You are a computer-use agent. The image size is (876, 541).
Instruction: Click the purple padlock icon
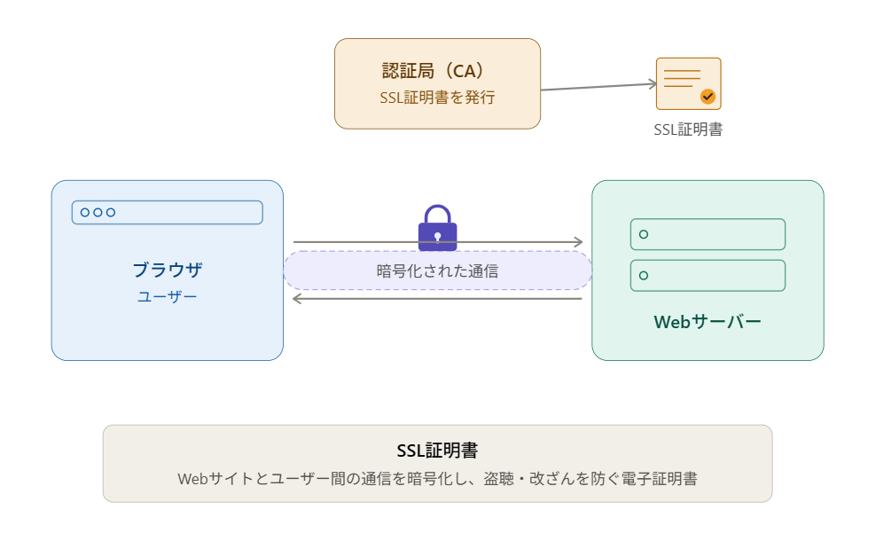[437, 228]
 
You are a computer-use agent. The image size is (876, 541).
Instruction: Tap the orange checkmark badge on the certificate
[708, 97]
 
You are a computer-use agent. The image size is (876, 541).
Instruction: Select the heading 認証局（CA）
[433, 71]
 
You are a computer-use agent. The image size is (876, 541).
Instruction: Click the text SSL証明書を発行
[437, 98]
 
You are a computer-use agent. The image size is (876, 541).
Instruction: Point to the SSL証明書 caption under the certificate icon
[688, 129]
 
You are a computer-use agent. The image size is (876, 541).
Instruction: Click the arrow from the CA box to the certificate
[598, 87]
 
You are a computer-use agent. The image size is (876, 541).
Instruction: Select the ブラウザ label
[168, 270]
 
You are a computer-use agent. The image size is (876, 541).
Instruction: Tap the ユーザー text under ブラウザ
[168, 296]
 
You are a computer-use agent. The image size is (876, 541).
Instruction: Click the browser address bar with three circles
[167, 212]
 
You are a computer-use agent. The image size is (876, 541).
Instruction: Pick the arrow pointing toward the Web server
[438, 242]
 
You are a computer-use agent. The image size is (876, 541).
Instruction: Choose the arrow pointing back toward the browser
[437, 299]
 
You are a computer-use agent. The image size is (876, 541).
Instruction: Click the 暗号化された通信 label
[437, 271]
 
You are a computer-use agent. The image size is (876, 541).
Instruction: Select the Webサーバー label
[708, 322]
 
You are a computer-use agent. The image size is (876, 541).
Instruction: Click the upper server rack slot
[708, 234]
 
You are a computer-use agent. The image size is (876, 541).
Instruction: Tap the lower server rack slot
[708, 276]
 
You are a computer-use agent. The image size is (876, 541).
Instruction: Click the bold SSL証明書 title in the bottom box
[437, 451]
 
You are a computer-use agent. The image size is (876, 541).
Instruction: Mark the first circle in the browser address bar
[85, 212]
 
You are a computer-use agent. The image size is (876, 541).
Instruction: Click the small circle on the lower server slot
[644, 276]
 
